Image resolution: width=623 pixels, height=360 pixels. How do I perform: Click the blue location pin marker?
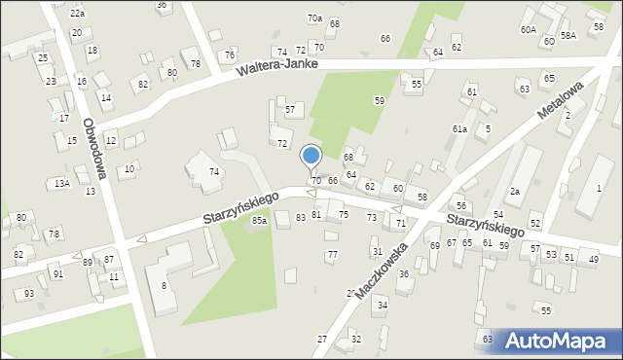[x=311, y=156]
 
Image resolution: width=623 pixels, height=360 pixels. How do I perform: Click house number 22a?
[x=77, y=14]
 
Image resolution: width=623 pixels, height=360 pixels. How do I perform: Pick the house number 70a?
[x=314, y=18]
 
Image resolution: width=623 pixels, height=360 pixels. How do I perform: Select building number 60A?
[x=528, y=30]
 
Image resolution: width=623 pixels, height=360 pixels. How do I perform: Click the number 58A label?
[x=568, y=35]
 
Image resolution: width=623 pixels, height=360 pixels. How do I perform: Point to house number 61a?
[x=459, y=128]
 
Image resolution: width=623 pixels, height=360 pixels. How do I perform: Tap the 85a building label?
[x=259, y=222]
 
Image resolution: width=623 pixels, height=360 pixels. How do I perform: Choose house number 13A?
[x=61, y=183]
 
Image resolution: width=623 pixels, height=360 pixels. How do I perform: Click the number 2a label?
[x=515, y=192]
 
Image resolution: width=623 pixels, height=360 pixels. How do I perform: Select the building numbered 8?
[x=164, y=285]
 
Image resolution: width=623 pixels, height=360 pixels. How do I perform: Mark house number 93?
[x=29, y=294]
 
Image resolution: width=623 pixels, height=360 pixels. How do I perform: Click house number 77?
[x=332, y=255]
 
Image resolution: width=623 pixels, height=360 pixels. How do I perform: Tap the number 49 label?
[x=594, y=258]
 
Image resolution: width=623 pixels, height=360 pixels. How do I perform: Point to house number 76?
[x=229, y=55]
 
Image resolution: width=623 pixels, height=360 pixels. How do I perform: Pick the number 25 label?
[x=42, y=58]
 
